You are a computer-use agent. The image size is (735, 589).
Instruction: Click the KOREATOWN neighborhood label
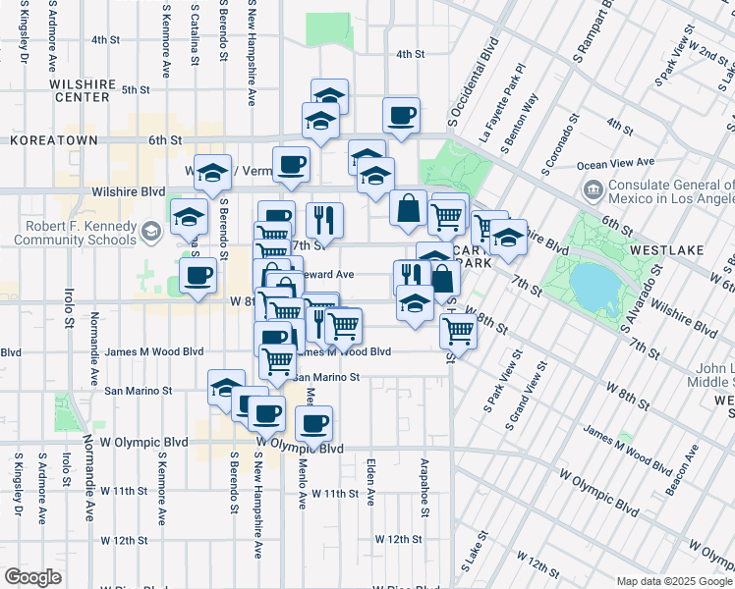point(54,141)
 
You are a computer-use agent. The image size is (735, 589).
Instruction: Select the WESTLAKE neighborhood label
point(667,250)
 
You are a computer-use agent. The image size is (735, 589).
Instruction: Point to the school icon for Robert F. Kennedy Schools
point(149,232)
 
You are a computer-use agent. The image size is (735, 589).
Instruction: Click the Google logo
point(32,577)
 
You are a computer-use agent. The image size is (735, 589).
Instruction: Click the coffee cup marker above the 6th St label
point(400,116)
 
